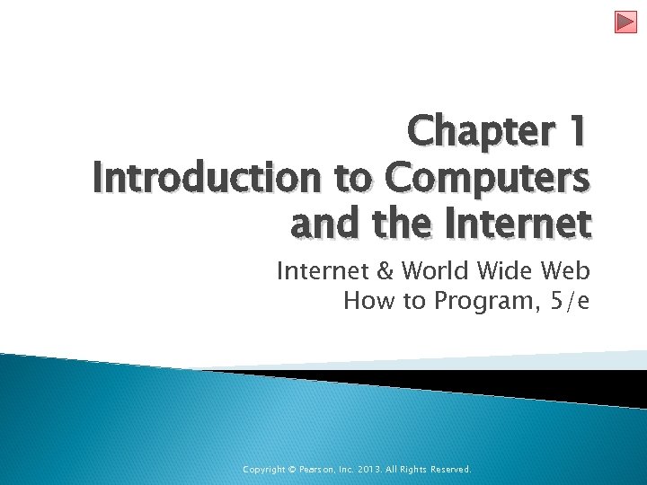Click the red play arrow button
click(x=625, y=22)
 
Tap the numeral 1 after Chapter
click(x=577, y=133)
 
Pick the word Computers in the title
click(x=488, y=179)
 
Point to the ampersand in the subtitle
click(x=383, y=270)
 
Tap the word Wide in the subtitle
click(x=508, y=270)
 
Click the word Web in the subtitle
click(x=568, y=270)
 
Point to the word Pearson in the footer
click(x=322, y=470)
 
